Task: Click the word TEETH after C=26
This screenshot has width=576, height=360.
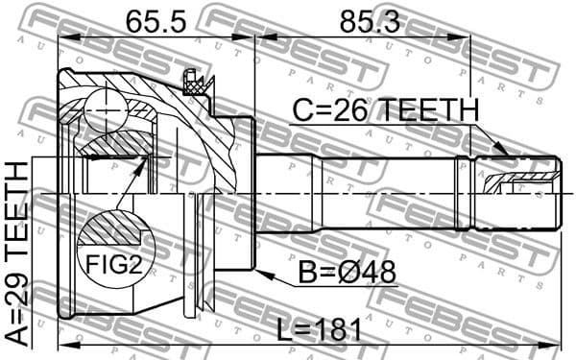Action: click(425, 110)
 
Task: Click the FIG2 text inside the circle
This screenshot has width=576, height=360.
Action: click(113, 263)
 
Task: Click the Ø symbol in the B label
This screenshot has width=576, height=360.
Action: click(350, 274)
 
